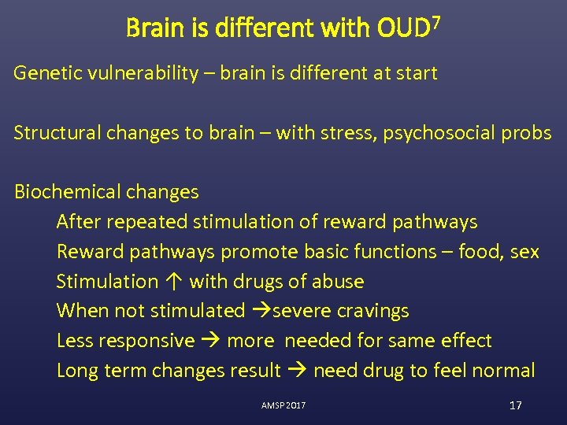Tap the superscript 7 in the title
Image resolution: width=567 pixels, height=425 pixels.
point(435,21)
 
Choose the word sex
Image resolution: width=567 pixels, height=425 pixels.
point(524,252)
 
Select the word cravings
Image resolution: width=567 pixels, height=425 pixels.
point(373,311)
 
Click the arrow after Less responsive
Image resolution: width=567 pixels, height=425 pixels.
point(210,341)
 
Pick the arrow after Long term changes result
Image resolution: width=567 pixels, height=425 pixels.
point(297,371)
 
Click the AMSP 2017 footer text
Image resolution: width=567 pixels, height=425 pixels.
point(283,405)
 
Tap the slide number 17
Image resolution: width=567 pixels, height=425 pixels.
point(516,405)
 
